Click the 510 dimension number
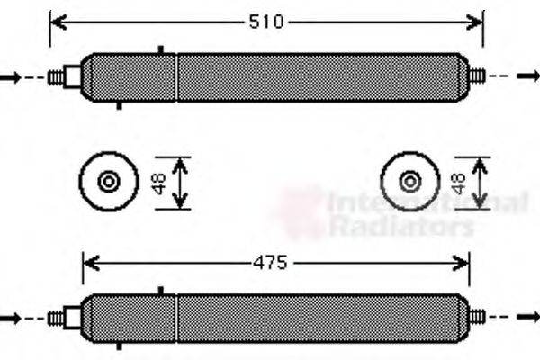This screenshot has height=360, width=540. [x=266, y=22]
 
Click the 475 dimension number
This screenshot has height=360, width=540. [x=268, y=264]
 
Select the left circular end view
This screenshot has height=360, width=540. [x=109, y=183]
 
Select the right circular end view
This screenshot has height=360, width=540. [x=410, y=183]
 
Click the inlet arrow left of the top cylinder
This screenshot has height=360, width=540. [x=10, y=78]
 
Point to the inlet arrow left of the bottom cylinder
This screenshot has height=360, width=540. [x=10, y=318]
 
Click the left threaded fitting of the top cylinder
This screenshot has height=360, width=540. [x=66, y=78]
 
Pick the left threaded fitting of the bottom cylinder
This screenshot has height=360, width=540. [x=66, y=318]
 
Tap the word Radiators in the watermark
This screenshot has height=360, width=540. [x=400, y=227]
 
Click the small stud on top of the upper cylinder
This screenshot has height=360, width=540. [x=160, y=49]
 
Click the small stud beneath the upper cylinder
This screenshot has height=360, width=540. [x=120, y=105]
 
